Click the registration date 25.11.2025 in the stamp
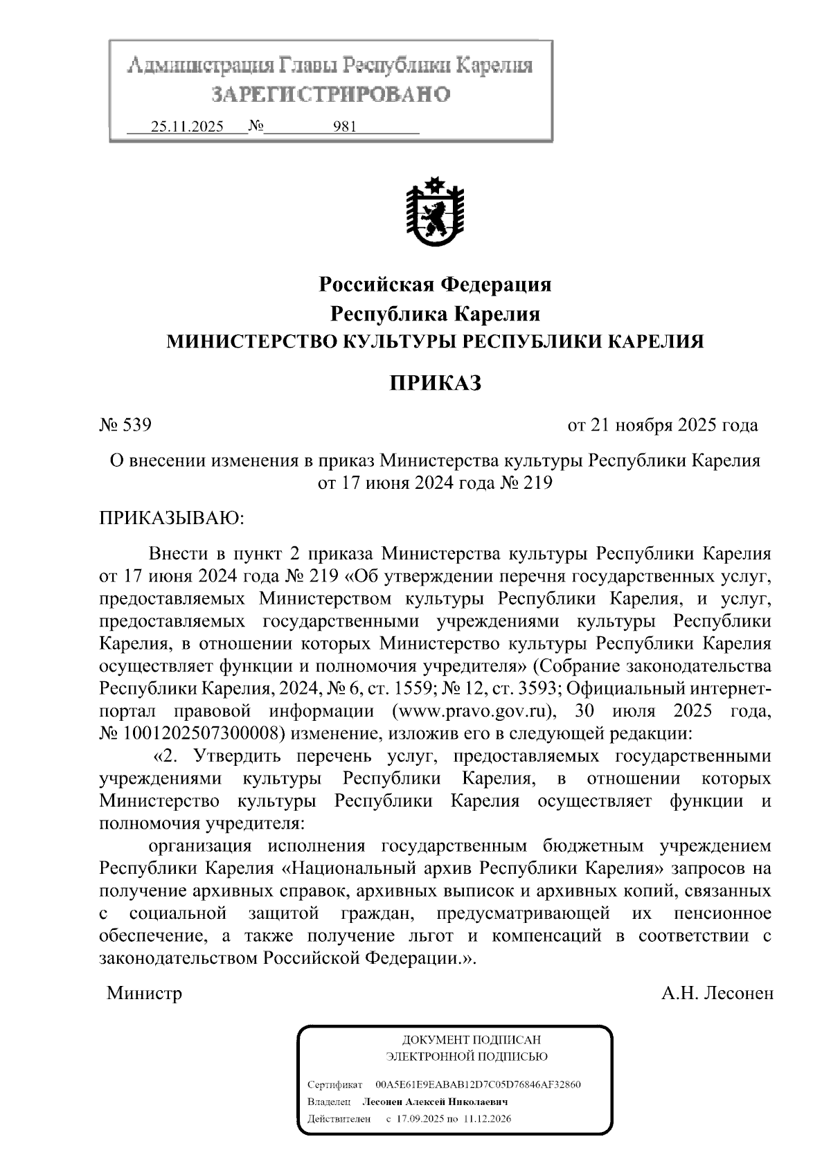point(187,127)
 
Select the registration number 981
point(344,127)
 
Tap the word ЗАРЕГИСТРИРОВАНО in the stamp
point(330,93)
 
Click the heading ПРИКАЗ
point(435,383)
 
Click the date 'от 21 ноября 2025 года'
point(662,424)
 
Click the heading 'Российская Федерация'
point(435,284)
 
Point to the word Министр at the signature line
point(144,994)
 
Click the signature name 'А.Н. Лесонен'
point(717,994)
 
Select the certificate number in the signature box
point(478,1084)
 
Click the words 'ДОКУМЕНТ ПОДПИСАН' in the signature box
point(471,1040)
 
